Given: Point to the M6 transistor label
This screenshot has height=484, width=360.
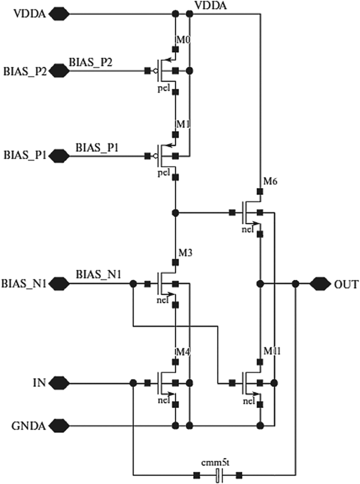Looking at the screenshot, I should pyautogui.click(x=270, y=182).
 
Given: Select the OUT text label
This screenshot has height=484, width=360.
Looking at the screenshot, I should pyautogui.click(x=346, y=285).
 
